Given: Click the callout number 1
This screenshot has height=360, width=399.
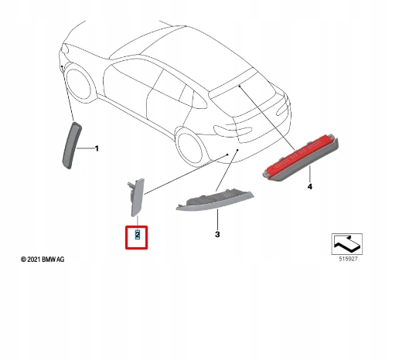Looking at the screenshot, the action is pos(97,148).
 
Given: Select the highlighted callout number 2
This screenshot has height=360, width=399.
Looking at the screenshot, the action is pos(138,235).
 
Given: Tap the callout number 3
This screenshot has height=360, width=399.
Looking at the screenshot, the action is pos(217,235).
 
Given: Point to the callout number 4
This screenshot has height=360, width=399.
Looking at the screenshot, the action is pos(310,186).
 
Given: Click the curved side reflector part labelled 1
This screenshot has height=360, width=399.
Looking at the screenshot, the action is pos(72,146).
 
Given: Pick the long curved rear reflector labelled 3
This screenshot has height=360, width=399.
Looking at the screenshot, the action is pos(215,199).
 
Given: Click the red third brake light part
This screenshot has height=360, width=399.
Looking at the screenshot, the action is pos(301,157).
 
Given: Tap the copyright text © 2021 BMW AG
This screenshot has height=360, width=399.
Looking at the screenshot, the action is pos(43,260).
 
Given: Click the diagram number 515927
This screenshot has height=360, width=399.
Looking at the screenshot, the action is pos(348,259).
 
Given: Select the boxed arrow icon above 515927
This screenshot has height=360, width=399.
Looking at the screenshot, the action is pos(347,244).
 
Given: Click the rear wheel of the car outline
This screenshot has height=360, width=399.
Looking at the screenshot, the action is pos(190,148).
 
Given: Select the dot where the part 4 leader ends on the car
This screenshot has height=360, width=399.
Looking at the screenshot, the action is pos(240,86).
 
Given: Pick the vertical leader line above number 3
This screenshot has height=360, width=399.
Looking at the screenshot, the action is pos(217,219).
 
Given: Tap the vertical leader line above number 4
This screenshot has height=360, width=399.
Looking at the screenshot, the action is pos(310,175).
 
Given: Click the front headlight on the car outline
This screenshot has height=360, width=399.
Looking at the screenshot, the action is pos(65,48).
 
